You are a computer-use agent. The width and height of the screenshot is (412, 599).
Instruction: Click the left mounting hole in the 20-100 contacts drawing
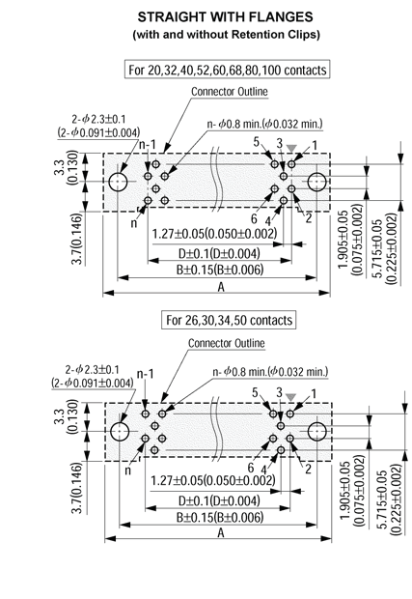[119, 182]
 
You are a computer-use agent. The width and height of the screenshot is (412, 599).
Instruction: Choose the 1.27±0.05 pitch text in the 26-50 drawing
[214, 480]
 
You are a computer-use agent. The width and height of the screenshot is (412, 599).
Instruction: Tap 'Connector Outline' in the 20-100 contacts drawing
[229, 92]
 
